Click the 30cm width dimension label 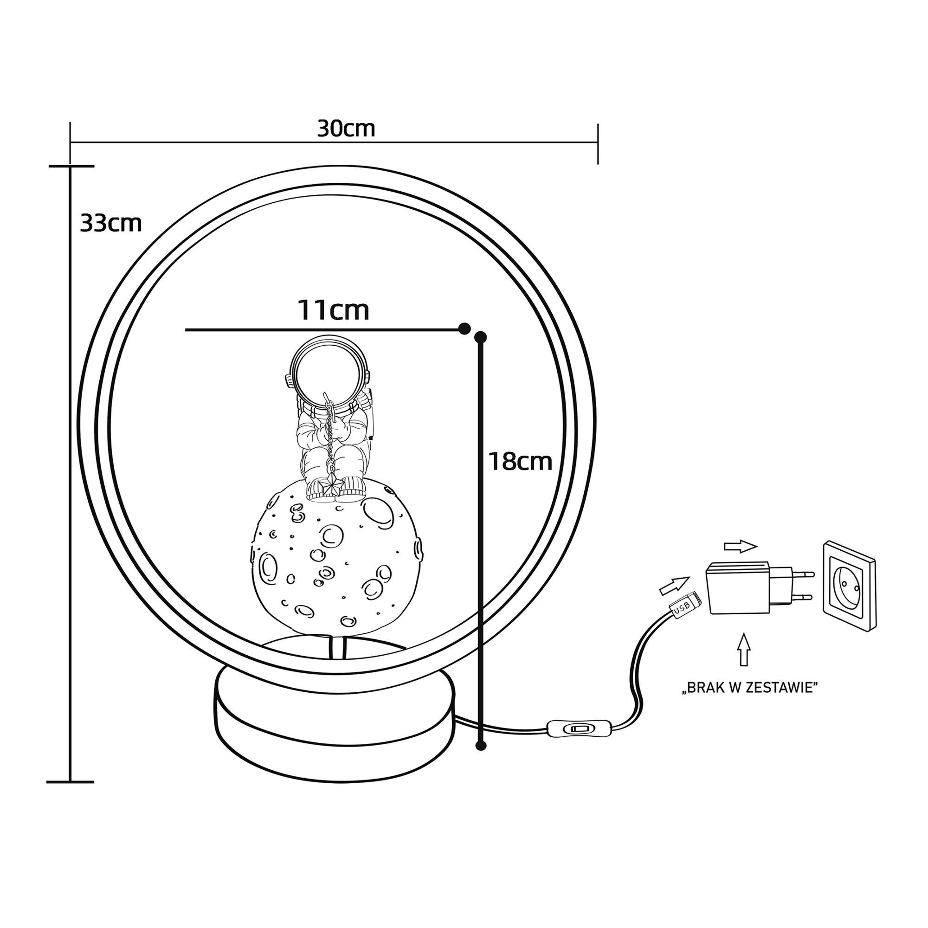click(346, 129)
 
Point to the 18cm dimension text click(520, 461)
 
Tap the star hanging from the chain click(331, 487)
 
